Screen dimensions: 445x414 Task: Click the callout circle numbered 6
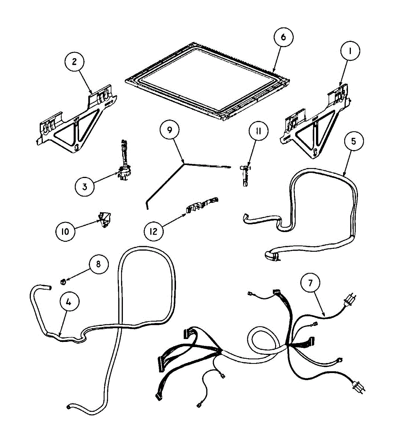[x=284, y=37]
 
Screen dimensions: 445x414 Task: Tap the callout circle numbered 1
[x=349, y=52]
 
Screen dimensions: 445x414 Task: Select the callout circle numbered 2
[x=74, y=62]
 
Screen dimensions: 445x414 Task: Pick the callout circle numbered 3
[x=85, y=187]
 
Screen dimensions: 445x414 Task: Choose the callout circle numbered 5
[x=353, y=141]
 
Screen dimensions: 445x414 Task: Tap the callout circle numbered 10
[x=65, y=231]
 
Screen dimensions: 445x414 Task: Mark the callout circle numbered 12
[x=153, y=231]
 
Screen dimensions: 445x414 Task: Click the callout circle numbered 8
[x=98, y=265]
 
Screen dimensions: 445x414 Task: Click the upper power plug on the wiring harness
[x=351, y=299]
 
